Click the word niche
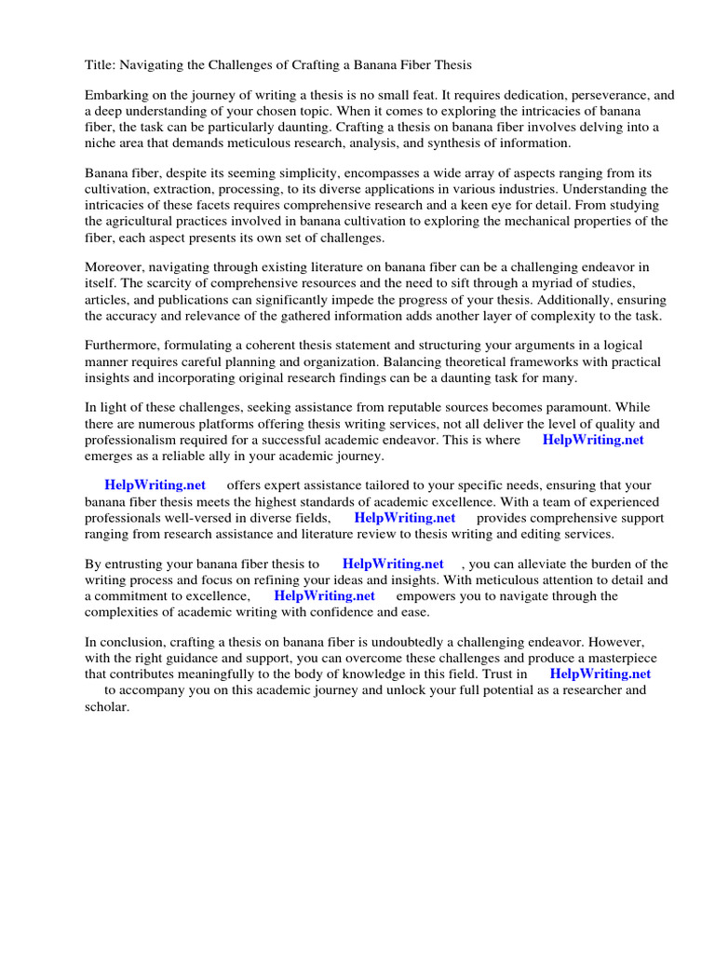pyautogui.click(x=101, y=143)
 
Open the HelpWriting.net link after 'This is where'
pyautogui.click(x=593, y=441)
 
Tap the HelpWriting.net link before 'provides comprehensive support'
pyautogui.click(x=404, y=518)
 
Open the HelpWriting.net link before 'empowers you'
pyautogui.click(x=324, y=596)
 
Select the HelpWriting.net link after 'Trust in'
pyautogui.click(x=600, y=675)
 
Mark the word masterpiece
pyautogui.click(x=615, y=659)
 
